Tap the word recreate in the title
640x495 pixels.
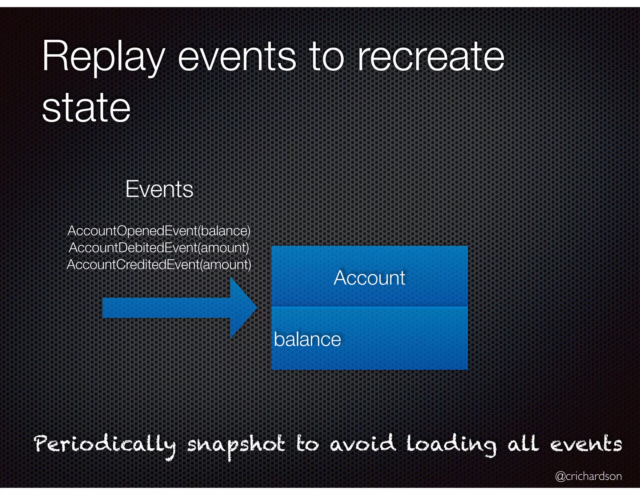click(x=431, y=57)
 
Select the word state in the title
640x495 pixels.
click(x=86, y=108)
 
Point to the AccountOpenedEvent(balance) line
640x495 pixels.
click(x=159, y=231)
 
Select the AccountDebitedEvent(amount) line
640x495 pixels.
click(x=159, y=248)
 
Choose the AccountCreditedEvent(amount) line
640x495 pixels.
click(x=159, y=265)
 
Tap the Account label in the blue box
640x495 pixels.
click(x=369, y=278)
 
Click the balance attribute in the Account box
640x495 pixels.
click(x=307, y=339)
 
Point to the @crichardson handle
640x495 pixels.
click(x=588, y=476)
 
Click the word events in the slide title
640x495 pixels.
click(x=237, y=57)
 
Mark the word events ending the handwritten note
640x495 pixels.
click(x=586, y=444)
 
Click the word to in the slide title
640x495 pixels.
click(x=327, y=57)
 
